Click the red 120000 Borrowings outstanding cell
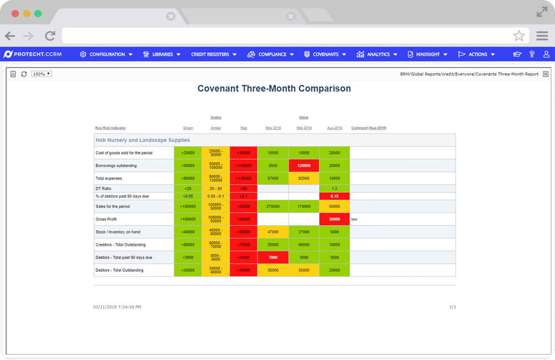[304, 165]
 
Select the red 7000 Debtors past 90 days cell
[273, 257]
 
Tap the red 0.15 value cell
[334, 196]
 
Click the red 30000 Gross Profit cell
[334, 219]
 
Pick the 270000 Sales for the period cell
[273, 206]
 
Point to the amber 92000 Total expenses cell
[304, 178]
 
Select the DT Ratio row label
[103, 189]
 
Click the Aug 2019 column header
[334, 128]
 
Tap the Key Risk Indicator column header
[110, 128]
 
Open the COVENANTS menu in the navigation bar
[325, 54]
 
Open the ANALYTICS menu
[377, 54]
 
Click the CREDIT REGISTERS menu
[214, 54]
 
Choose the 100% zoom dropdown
[42, 74]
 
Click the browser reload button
[50, 36]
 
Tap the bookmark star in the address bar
[518, 36]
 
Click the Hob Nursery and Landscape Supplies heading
[143, 140]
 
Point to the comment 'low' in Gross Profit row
[354, 219]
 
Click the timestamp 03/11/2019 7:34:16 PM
[117, 307]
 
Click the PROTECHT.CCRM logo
[32, 54]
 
